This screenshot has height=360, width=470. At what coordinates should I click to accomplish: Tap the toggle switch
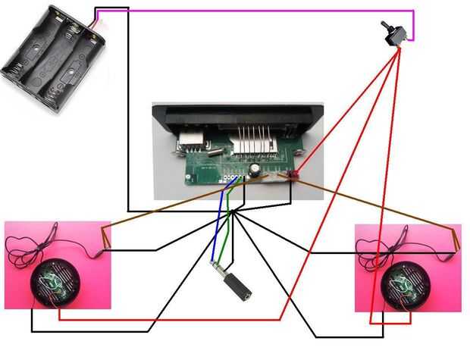coord(396,33)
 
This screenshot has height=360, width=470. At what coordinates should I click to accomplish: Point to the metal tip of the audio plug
coord(215,265)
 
